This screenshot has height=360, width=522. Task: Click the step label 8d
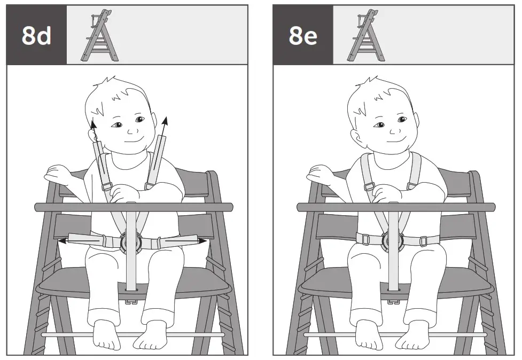pyautogui.click(x=36, y=35)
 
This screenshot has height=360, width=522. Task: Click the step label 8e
pyautogui.click(x=302, y=35)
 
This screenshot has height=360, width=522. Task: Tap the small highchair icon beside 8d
pyautogui.click(x=100, y=35)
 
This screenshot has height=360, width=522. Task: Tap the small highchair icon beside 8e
pyautogui.click(x=366, y=35)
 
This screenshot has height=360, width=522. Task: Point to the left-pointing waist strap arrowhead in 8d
pyautogui.click(x=62, y=241)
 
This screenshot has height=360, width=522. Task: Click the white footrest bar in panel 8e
pyautogui.click(x=395, y=335)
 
